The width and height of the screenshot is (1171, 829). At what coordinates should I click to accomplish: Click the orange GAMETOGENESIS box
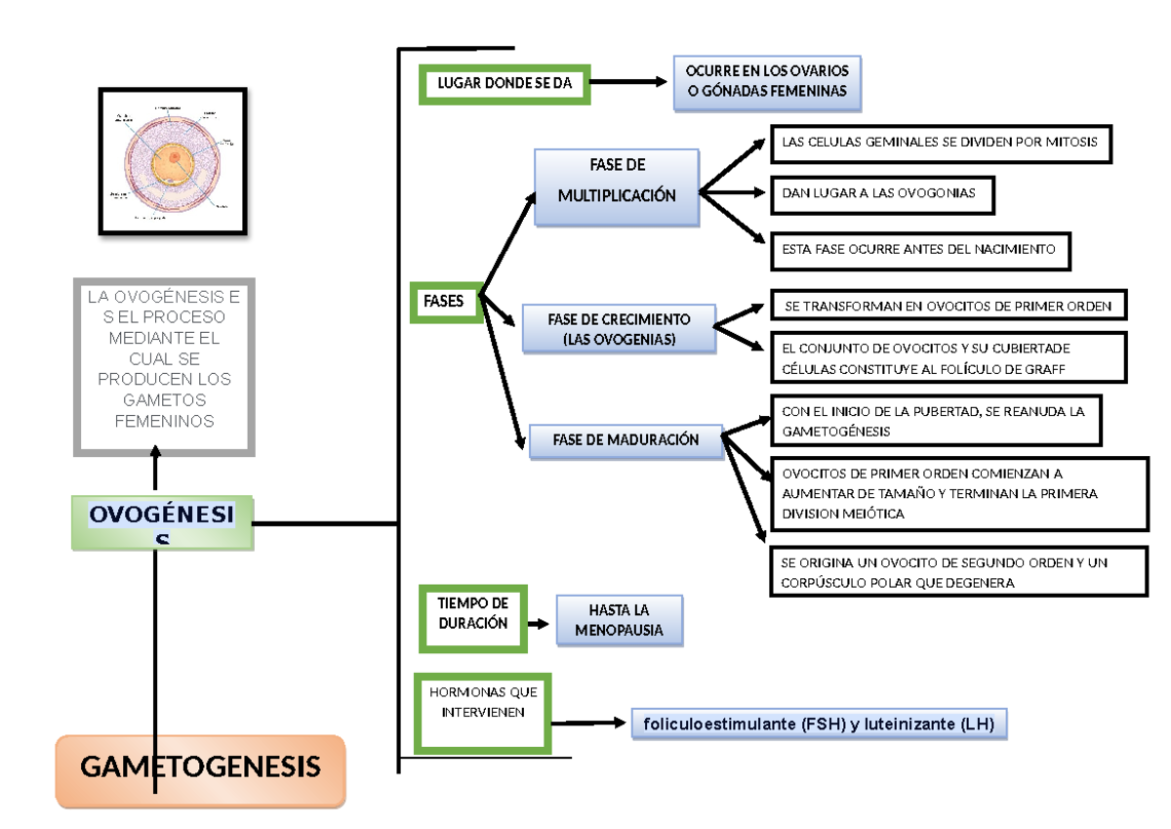click(200, 770)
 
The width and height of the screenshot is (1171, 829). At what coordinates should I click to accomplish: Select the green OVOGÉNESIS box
click(162, 523)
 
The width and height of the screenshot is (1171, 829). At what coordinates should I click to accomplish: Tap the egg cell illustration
click(173, 161)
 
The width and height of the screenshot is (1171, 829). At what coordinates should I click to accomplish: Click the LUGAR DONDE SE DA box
click(505, 84)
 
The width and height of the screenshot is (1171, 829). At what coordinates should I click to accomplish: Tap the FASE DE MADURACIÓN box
click(626, 440)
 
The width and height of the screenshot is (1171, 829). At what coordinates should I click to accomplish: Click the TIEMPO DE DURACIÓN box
click(473, 618)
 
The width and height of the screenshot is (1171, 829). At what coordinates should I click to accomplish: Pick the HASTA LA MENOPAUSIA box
click(619, 620)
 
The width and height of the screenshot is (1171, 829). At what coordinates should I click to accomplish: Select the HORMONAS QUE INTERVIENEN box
click(482, 714)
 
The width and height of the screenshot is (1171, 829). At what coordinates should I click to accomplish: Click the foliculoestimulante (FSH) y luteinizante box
click(818, 725)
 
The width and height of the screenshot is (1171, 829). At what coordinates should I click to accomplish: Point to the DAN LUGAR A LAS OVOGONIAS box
click(882, 193)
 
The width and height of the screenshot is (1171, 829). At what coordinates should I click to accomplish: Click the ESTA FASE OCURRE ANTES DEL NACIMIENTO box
click(919, 250)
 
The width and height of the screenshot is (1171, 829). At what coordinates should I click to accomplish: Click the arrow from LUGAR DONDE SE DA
click(625, 84)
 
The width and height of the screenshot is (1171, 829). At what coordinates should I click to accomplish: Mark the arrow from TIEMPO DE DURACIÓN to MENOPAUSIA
click(538, 622)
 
